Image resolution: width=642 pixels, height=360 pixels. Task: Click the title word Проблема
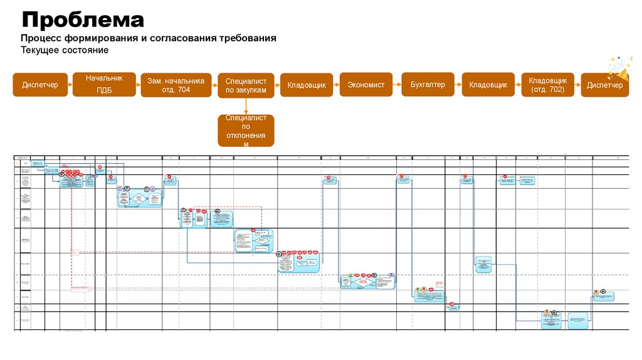(x=83, y=19)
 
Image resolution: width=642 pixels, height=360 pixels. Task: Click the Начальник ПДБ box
(x=104, y=84)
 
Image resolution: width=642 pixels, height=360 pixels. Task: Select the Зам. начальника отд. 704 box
(x=176, y=85)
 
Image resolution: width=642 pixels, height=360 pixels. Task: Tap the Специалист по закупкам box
(x=246, y=85)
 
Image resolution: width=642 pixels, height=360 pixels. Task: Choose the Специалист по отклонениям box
(x=246, y=130)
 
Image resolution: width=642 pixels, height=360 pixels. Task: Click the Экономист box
(x=366, y=85)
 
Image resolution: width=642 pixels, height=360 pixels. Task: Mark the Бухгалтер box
(x=428, y=85)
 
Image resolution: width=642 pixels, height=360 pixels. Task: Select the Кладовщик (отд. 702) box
(x=547, y=85)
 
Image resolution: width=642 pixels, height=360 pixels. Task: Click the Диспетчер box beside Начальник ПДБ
(x=40, y=85)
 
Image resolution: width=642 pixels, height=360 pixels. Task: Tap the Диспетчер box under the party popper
(x=605, y=85)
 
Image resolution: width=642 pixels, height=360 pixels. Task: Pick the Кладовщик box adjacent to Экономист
(x=307, y=85)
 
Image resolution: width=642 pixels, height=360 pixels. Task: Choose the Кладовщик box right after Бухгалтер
(x=488, y=85)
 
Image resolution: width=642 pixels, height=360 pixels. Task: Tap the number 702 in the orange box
(x=555, y=90)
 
